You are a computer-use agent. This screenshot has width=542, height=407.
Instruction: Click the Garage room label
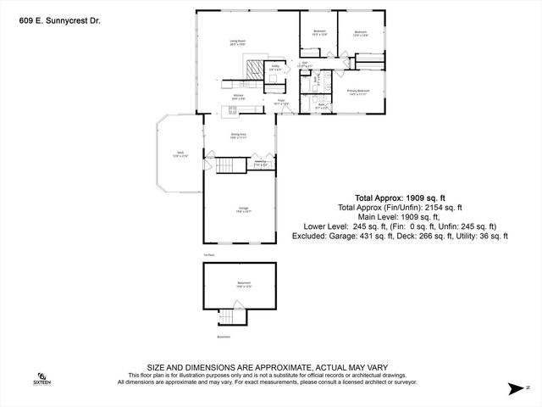[x=242, y=209]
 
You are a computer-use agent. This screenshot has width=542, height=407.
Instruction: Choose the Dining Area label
[x=238, y=136]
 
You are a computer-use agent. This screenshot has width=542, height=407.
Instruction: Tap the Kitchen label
[x=239, y=97]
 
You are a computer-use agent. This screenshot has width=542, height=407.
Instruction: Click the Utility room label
[x=275, y=66]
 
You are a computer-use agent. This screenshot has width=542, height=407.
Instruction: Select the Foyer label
[x=282, y=103]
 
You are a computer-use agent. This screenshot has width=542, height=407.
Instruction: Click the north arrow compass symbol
[x=515, y=388]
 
